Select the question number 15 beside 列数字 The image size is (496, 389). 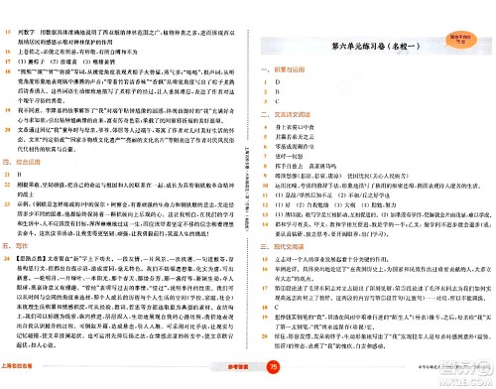(21, 8)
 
